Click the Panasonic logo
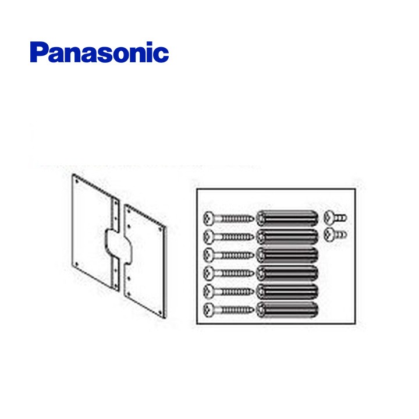99,52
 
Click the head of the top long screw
210,218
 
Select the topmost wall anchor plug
287,218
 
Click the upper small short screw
333,218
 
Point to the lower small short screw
333,235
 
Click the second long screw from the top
230,236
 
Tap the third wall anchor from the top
287,254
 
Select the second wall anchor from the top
287,236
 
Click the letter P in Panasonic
39,52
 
